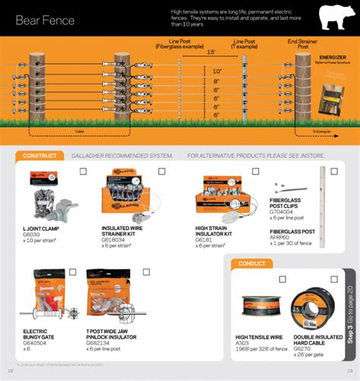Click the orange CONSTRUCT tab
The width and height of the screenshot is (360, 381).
point(40,156)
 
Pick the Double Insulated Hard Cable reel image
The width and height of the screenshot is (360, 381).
point(311,308)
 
